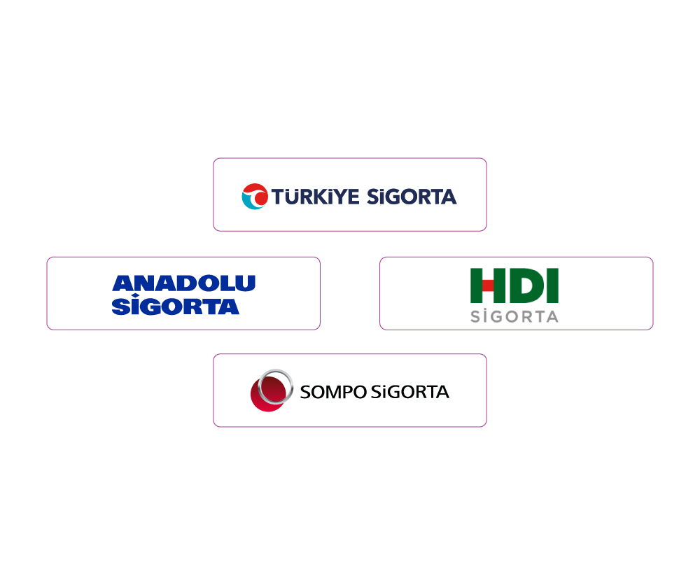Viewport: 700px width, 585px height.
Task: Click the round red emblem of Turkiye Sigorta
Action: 255,197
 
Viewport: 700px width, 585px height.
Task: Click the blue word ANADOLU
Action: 183,283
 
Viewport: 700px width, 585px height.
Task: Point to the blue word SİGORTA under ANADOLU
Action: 175,306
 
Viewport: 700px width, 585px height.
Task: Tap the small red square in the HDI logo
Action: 488,286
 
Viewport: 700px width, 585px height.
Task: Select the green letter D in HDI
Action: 521,286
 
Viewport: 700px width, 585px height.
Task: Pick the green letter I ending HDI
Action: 552,286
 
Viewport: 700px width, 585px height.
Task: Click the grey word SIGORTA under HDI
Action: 514,316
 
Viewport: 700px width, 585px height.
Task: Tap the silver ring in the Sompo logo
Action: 276,386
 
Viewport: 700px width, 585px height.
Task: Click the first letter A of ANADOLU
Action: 122,283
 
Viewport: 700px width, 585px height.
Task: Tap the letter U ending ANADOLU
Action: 246,283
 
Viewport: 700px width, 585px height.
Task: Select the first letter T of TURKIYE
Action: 279,197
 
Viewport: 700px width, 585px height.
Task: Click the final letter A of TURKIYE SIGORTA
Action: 449,197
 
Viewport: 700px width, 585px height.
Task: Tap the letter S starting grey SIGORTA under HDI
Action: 475,316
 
